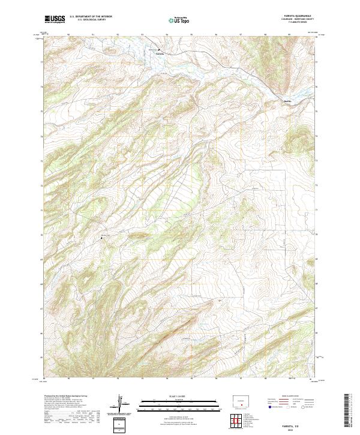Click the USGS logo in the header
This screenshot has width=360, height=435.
(x=55, y=19)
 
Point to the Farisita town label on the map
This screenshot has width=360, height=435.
(x=159, y=53)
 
